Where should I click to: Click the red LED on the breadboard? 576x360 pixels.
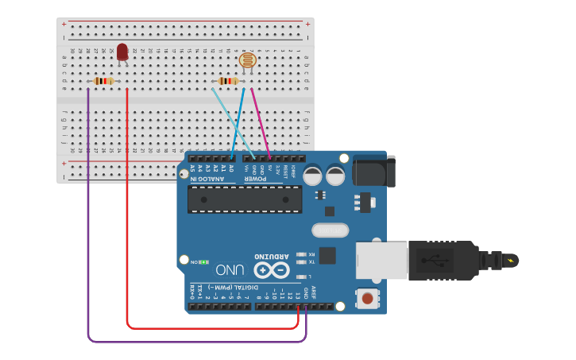click(x=122, y=52)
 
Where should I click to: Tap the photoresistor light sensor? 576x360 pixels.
click(x=248, y=60)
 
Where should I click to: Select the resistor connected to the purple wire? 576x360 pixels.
click(x=103, y=80)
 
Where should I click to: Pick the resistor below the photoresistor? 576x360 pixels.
click(x=229, y=80)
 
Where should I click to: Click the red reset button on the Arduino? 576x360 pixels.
click(x=367, y=299)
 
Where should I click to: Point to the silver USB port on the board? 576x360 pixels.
click(x=380, y=261)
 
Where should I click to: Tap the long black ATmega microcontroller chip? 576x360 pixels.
click(x=245, y=199)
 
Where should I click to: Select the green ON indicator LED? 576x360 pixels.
click(x=203, y=261)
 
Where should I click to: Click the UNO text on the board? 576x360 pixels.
click(x=230, y=269)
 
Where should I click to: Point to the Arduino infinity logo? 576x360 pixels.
click(x=272, y=270)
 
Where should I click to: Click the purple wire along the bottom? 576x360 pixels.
click(x=199, y=342)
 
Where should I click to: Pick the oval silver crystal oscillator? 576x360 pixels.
click(x=331, y=230)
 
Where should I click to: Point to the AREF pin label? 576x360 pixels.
click(x=314, y=291)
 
